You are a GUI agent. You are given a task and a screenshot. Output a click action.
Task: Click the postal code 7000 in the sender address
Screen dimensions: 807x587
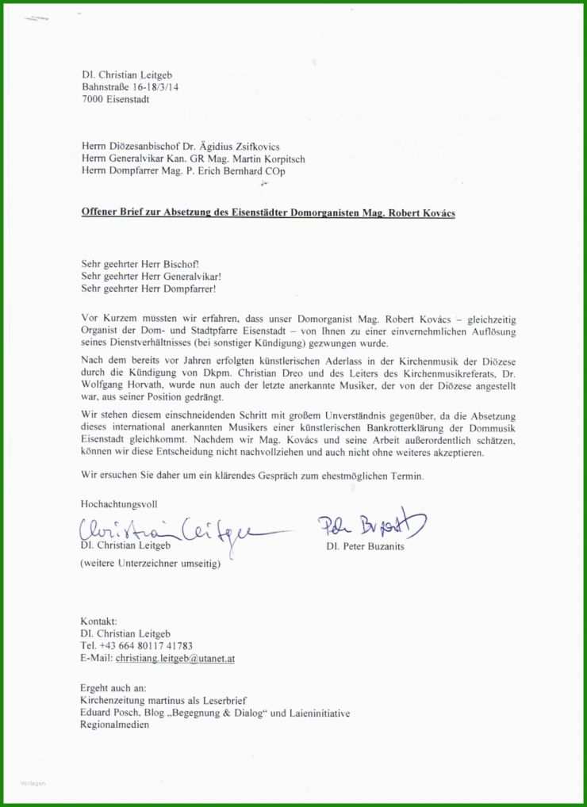click(93, 100)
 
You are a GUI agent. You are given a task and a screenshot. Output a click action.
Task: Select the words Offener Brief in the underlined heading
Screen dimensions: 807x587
click(111, 213)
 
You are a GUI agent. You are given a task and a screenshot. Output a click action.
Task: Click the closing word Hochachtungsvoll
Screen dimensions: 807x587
click(119, 504)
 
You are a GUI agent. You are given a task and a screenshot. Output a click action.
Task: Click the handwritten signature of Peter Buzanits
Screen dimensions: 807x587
click(372, 524)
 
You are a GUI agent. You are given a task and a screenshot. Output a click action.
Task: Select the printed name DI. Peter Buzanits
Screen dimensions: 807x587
click(364, 547)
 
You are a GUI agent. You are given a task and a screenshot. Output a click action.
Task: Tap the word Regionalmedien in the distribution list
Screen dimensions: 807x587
click(115, 725)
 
